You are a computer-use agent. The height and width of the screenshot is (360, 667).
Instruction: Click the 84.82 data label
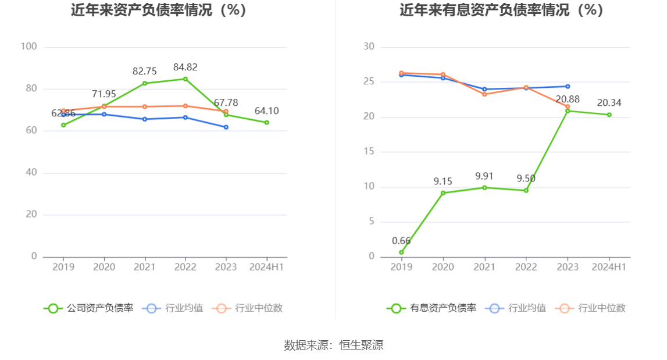185,67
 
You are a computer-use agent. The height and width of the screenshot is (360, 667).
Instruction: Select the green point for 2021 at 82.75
144,83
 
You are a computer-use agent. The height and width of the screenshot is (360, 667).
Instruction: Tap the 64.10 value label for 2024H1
266,111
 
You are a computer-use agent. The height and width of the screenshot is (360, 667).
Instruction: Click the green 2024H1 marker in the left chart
266,122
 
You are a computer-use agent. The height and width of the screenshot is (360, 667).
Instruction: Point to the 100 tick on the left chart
28,47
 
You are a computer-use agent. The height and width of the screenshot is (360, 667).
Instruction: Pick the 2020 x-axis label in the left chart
104,267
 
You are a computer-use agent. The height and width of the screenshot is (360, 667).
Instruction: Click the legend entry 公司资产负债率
88,308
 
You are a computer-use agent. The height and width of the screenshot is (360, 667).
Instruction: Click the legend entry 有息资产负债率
431,308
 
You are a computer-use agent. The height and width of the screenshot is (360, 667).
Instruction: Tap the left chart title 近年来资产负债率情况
159,10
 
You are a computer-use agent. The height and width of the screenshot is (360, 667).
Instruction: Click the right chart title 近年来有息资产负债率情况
501,10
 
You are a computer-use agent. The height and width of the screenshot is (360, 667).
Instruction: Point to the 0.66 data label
401,241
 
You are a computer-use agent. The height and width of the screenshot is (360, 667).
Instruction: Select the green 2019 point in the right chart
401,252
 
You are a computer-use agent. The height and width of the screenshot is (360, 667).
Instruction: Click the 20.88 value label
568,99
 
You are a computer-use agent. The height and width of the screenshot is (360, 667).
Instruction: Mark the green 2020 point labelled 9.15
443,193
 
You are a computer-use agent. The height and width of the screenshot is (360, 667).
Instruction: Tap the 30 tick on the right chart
369,47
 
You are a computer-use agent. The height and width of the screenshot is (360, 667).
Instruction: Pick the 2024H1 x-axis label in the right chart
609,267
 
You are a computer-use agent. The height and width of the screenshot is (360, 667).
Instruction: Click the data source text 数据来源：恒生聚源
333,345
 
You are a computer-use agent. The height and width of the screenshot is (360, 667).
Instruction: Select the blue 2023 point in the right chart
568,87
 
